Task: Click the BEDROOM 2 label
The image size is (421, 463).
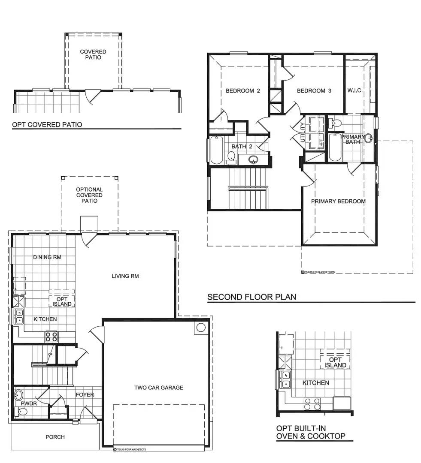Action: pos(243,91)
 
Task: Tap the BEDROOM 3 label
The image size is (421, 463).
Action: pos(314,91)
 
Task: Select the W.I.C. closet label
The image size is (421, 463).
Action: pos(355,91)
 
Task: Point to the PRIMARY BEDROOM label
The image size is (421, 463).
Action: pos(338,201)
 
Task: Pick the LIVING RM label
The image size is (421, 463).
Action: pos(125,276)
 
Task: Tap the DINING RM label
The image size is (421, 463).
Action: pos(47,258)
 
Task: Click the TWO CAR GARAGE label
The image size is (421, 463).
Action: pos(159,388)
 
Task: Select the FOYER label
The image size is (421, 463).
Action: pos(85,395)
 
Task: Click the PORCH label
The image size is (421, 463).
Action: pos(55,437)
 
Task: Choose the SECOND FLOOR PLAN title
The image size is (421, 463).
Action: pos(252,297)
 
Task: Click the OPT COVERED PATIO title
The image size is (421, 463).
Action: pos(47,125)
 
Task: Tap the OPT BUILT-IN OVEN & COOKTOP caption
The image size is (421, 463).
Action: pos(311,432)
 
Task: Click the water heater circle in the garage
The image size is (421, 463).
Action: pos(200,328)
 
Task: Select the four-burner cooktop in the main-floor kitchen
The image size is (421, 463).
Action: pos(51,337)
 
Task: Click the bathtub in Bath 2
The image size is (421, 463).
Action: pos(216,150)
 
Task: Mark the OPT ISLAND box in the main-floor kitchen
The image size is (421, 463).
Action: pos(62,301)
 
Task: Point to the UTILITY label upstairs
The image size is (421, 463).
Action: pos(303,132)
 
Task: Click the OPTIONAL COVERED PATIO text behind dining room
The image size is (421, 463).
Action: pos(89,195)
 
